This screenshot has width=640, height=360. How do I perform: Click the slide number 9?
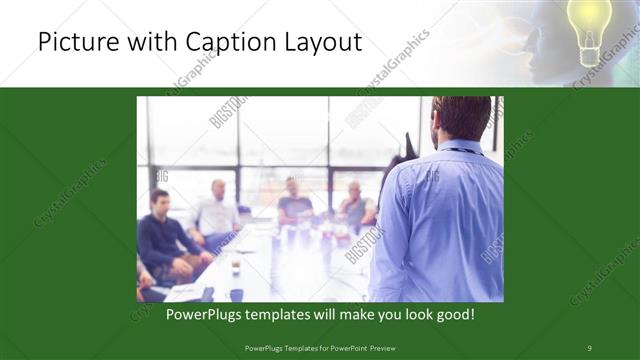point(589,348)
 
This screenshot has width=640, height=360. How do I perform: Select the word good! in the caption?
point(451,314)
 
